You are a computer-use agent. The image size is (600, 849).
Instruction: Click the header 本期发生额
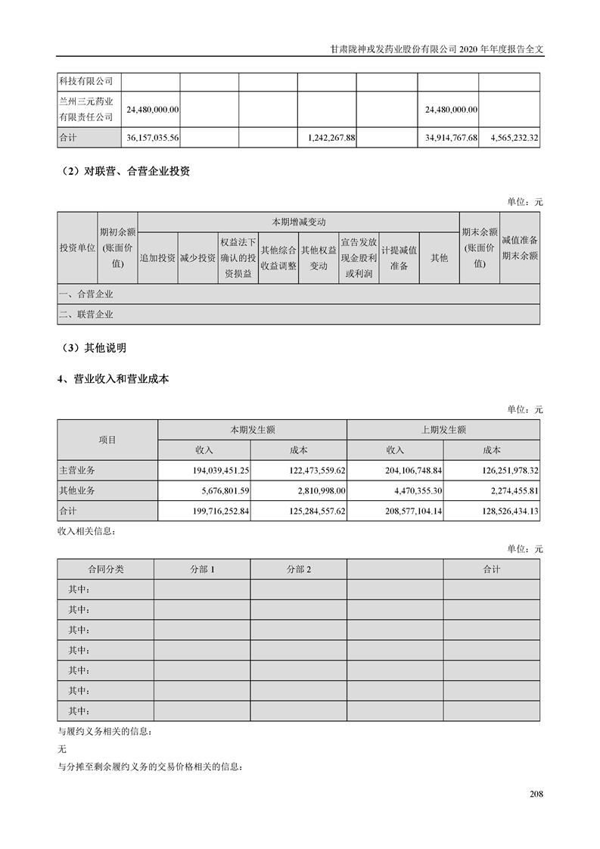coord(252,429)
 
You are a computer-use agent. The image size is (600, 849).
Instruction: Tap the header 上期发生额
coord(443,429)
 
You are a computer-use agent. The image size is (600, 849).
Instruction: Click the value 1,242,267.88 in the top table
coord(327,138)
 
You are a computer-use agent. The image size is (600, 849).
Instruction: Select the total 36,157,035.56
coord(150,138)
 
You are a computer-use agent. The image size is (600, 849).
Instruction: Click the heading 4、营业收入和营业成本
coord(113,379)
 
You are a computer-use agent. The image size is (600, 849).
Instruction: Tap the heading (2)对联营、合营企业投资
coord(125,171)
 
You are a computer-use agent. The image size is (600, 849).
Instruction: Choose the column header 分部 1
coord(202,569)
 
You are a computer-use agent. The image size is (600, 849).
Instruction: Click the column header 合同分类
coord(105,569)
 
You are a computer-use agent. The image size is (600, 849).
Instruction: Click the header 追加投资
coord(157,257)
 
